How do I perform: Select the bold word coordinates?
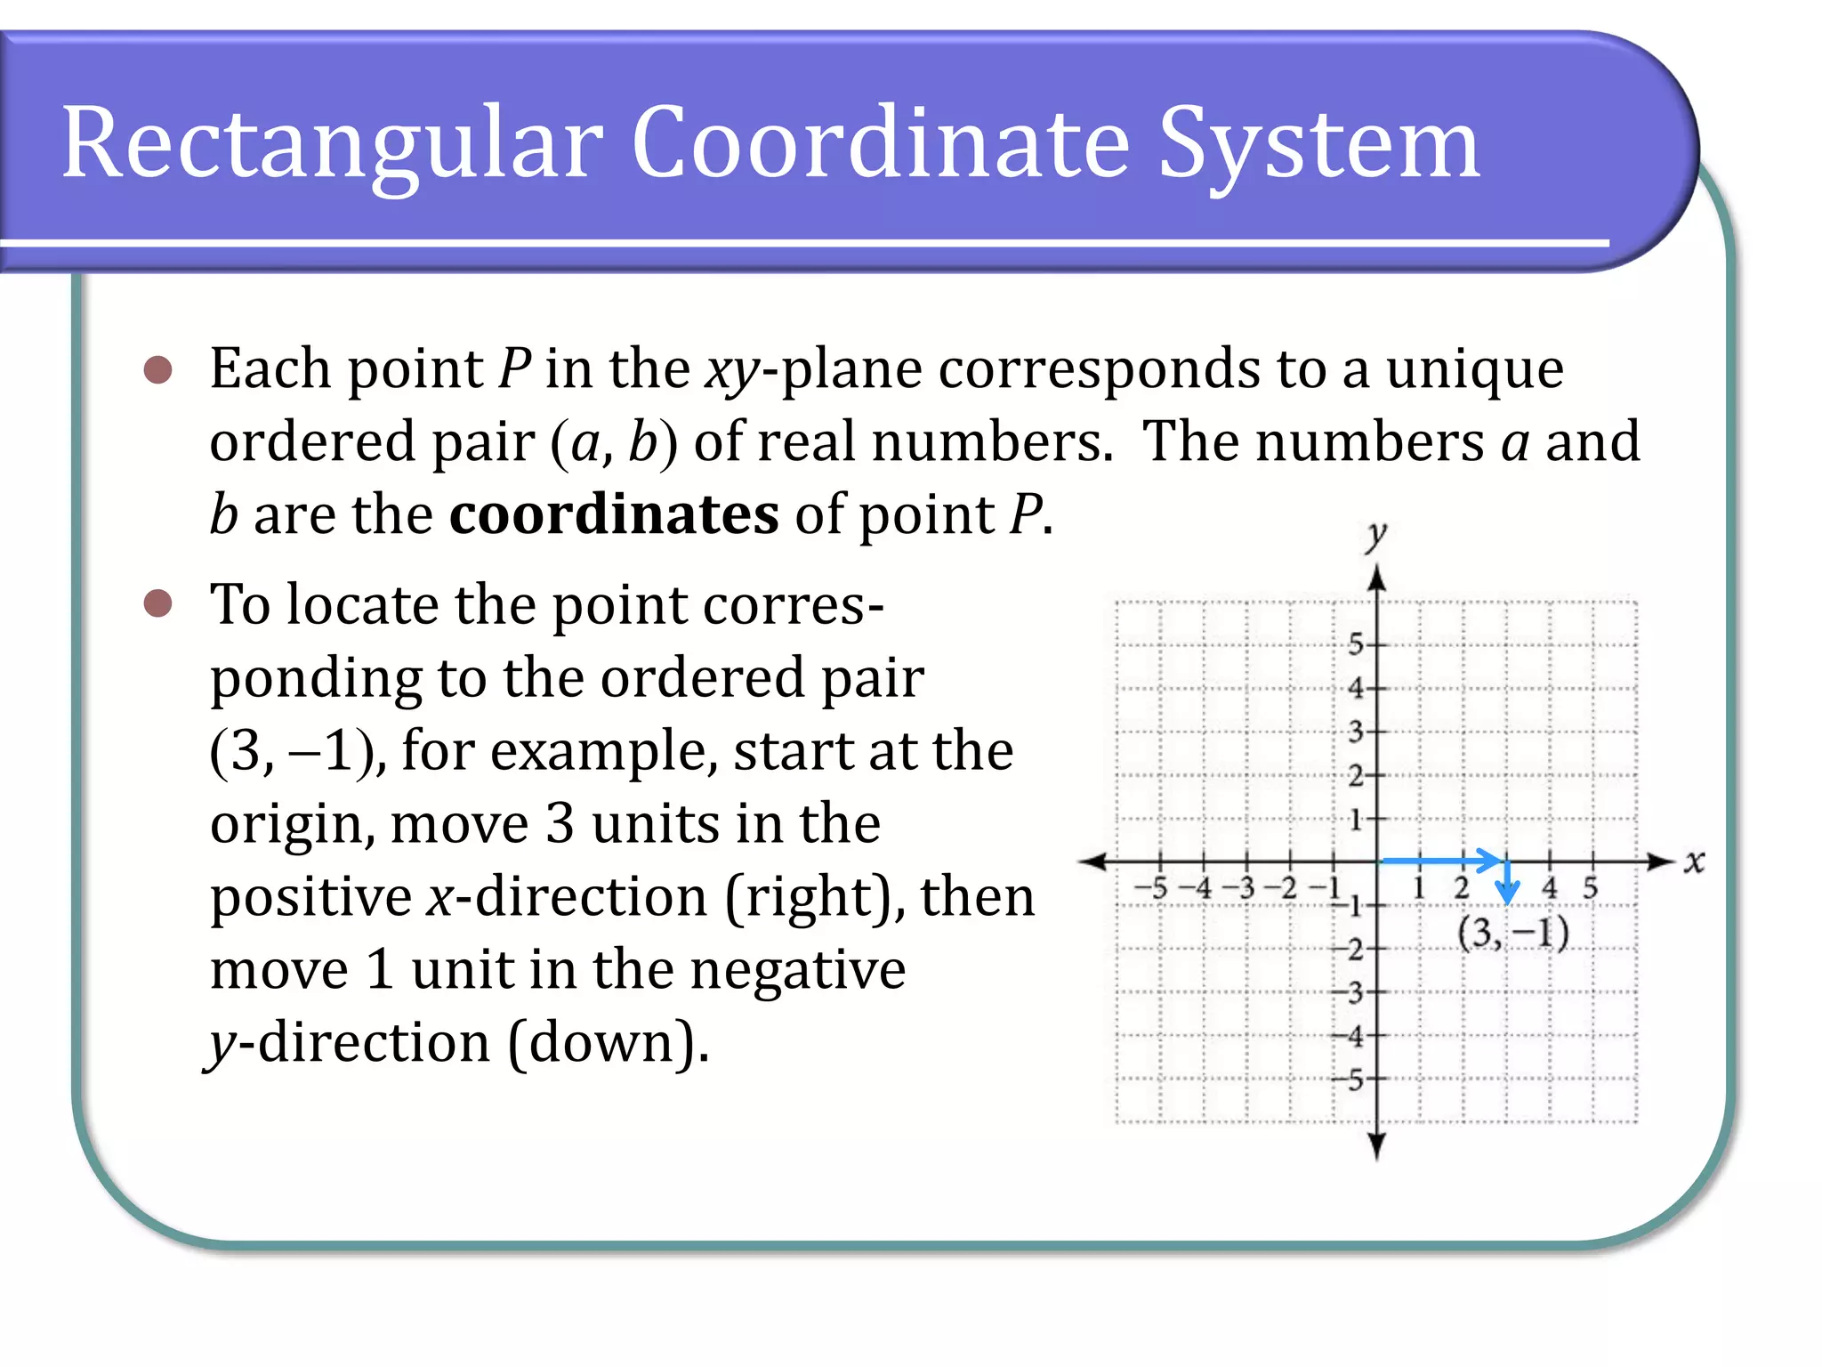pos(614,514)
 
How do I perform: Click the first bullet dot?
pos(157,369)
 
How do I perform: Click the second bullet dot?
pos(157,604)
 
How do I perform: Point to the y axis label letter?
pos(1376,536)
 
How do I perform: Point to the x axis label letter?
pos(1694,861)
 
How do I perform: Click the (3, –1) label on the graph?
pos(1512,933)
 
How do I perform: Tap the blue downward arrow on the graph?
pos(1507,884)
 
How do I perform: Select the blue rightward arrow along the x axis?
pos(1441,861)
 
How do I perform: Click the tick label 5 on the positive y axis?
pos(1355,643)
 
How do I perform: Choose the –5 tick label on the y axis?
pos(1349,1080)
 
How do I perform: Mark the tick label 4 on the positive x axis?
pos(1550,887)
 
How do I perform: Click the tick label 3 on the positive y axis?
pos(1355,732)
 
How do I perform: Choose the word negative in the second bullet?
pos(798,969)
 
